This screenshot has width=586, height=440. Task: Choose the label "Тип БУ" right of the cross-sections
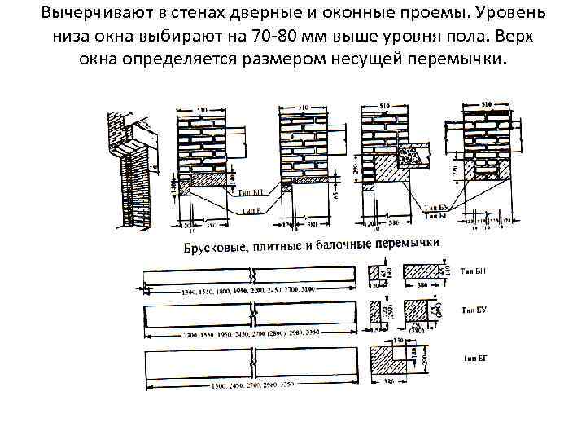[x=474, y=310]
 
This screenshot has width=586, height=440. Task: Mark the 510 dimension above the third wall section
[x=386, y=106]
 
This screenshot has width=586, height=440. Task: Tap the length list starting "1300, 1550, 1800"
[x=244, y=291]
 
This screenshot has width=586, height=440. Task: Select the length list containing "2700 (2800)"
[x=248, y=335]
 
